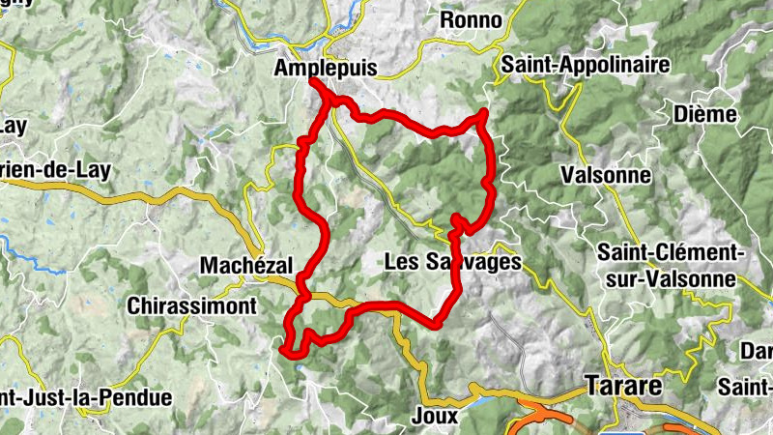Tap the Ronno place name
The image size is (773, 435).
[x=471, y=20]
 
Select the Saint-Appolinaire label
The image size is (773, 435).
[x=587, y=65]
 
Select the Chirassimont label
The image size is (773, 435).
[x=192, y=305]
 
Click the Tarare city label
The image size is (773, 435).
[x=623, y=387]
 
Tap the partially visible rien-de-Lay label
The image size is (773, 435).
[x=55, y=169]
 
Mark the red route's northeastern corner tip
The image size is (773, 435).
[x=482, y=114]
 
